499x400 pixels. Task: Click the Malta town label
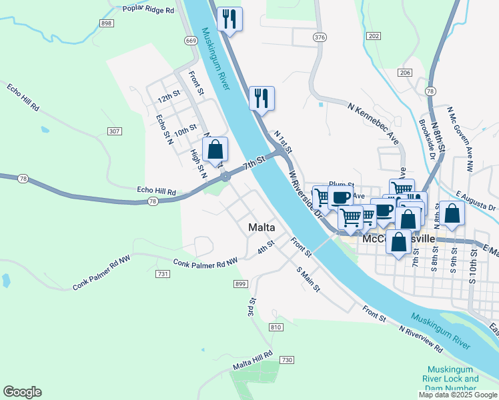point(262,227)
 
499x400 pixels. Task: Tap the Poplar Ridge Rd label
point(148,10)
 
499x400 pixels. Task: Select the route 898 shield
point(107,23)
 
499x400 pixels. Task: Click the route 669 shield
point(191,41)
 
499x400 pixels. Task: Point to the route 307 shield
point(114,131)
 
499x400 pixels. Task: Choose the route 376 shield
point(320,37)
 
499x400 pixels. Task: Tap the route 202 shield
point(374,35)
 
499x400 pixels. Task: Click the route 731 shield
point(162,274)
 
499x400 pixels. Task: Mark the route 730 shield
point(287,360)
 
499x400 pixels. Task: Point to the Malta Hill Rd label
point(253,361)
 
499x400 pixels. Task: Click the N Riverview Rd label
point(420,339)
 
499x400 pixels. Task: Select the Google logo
point(22,392)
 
